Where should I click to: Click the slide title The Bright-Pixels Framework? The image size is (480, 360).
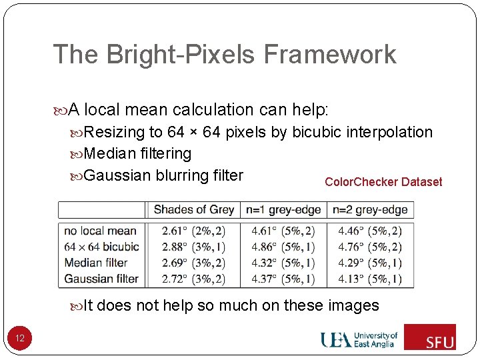224,54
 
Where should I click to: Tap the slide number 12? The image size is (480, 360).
20,339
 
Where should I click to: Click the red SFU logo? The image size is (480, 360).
430,337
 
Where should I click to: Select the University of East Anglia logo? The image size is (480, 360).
359,339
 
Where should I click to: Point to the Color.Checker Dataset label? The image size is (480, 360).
383,182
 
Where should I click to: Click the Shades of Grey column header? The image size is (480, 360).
193,209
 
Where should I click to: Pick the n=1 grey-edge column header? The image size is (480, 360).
283,209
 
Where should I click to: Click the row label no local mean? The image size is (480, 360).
100,231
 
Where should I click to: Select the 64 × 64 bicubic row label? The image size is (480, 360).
101,247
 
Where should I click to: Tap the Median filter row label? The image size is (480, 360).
96,263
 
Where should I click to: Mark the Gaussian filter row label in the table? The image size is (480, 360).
101,278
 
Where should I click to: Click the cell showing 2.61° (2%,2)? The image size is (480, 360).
193,231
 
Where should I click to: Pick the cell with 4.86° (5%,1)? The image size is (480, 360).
283,247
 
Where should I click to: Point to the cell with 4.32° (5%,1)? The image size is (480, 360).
283,263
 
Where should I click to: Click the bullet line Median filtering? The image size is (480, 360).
137,153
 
